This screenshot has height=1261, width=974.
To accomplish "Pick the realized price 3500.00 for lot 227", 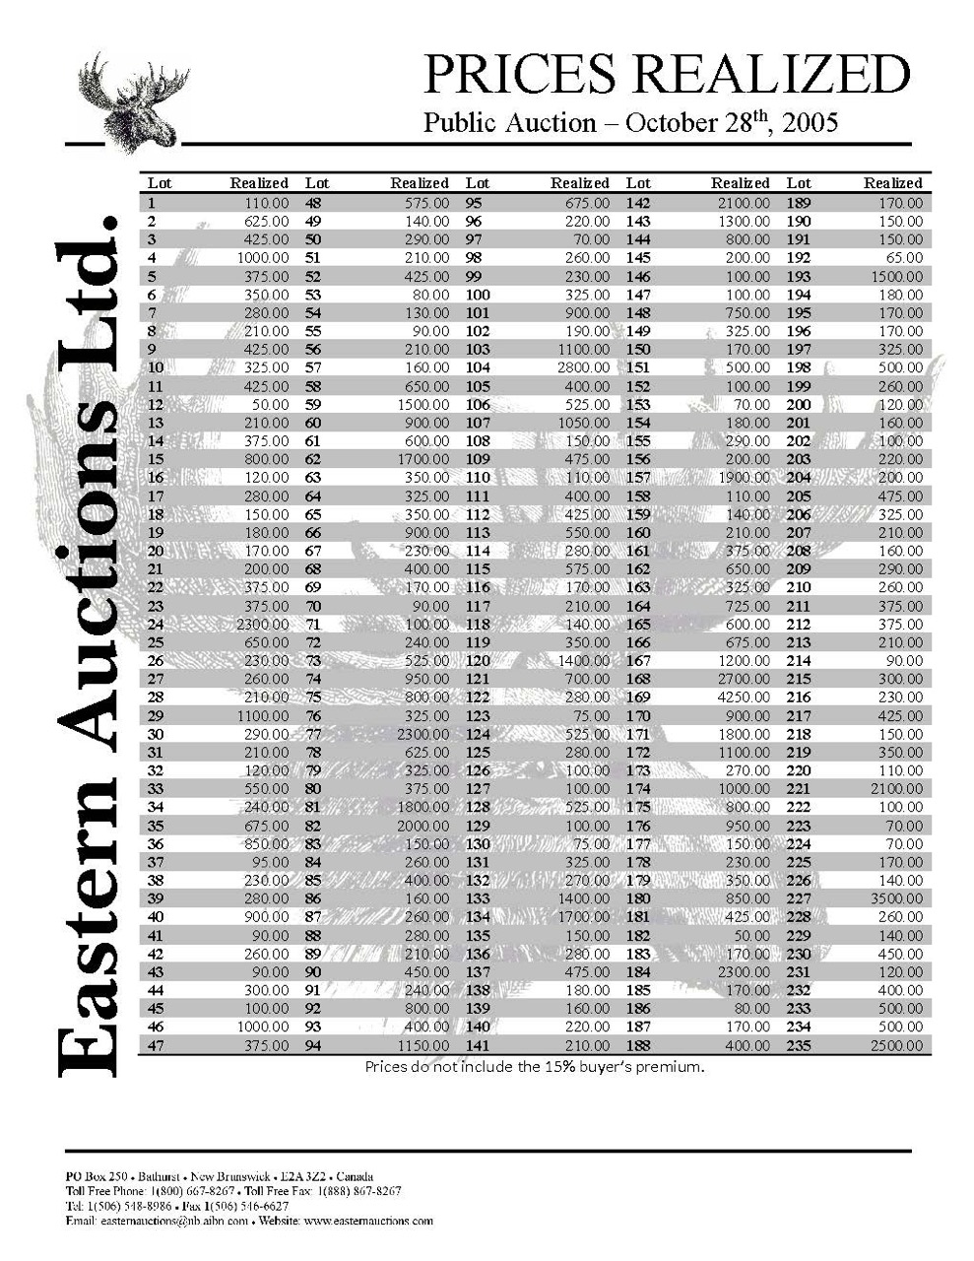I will point(896,898).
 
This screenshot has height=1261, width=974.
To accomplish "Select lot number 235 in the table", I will point(799,1045).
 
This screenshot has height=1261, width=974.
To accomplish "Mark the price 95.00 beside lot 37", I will point(270,862).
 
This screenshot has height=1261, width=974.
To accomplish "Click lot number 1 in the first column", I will point(152,203).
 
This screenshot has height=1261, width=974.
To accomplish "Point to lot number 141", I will point(478,1045).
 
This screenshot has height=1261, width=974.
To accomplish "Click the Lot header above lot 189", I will point(799,183).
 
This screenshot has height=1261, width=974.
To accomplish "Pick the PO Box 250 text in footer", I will point(96,1177).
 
